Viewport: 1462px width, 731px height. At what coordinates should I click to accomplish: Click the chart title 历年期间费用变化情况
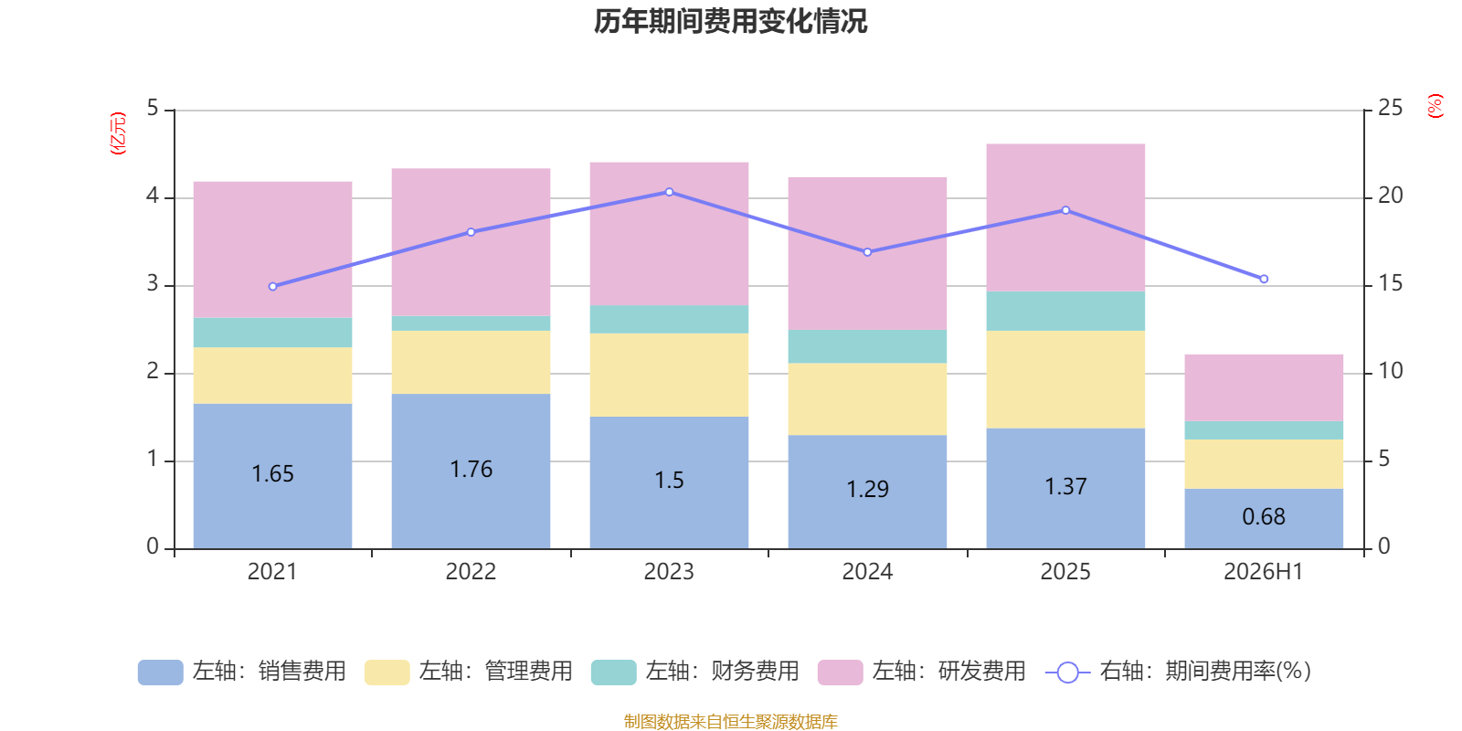(x=730, y=22)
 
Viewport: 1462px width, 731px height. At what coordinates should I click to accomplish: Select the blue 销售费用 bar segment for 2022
(x=471, y=471)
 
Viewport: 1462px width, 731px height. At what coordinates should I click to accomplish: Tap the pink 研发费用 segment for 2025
(x=1065, y=217)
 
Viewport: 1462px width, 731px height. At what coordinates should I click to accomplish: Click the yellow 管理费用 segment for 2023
(x=669, y=376)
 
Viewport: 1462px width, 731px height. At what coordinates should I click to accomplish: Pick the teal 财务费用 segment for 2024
(x=867, y=346)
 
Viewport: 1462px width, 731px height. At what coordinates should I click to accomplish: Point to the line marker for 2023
(x=669, y=192)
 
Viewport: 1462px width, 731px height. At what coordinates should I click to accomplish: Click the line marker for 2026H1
(x=1264, y=279)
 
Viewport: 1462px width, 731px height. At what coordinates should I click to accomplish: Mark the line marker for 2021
(x=273, y=287)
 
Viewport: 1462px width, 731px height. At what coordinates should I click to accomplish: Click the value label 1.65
(x=273, y=474)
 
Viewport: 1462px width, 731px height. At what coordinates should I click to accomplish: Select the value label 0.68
(x=1264, y=517)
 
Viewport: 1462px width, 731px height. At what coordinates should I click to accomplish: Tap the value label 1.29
(x=867, y=489)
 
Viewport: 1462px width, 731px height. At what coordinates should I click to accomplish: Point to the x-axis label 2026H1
(x=1263, y=572)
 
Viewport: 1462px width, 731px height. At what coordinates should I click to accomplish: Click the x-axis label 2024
(x=867, y=572)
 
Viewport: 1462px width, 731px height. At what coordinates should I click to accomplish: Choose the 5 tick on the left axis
(x=153, y=108)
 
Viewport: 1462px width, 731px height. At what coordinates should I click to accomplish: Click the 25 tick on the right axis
(x=1390, y=108)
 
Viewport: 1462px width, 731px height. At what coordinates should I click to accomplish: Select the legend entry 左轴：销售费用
(x=241, y=672)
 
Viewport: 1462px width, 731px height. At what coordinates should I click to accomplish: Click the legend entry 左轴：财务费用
(x=694, y=672)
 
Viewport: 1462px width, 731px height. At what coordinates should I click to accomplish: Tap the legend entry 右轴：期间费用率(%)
(x=1178, y=672)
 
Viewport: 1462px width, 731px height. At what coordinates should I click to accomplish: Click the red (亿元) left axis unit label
(x=118, y=133)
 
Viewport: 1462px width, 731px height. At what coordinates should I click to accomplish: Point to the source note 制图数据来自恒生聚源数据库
(x=730, y=721)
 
